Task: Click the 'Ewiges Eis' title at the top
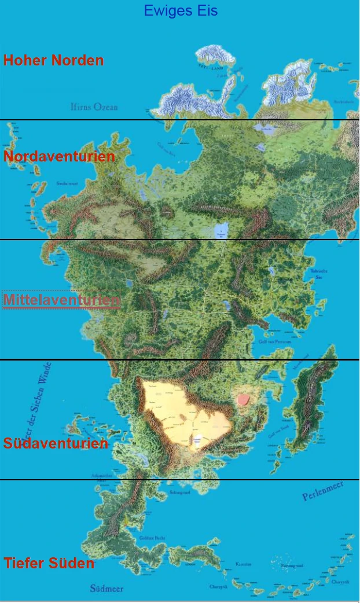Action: (x=181, y=10)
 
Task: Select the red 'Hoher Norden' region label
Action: (x=53, y=60)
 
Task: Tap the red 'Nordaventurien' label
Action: (x=59, y=156)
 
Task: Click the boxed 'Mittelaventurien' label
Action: (x=61, y=300)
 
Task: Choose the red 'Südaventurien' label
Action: (x=56, y=443)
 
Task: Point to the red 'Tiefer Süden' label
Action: (x=49, y=562)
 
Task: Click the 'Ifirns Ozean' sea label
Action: (x=94, y=107)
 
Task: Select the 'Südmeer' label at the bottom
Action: (x=106, y=589)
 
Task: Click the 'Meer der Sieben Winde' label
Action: (x=39, y=405)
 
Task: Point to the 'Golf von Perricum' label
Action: (x=275, y=342)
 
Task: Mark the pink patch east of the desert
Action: (x=243, y=399)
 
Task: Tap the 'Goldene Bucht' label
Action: (x=152, y=538)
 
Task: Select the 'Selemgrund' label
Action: (x=179, y=493)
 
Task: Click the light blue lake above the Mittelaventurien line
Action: (x=221, y=230)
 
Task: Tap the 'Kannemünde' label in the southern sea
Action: (x=243, y=564)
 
